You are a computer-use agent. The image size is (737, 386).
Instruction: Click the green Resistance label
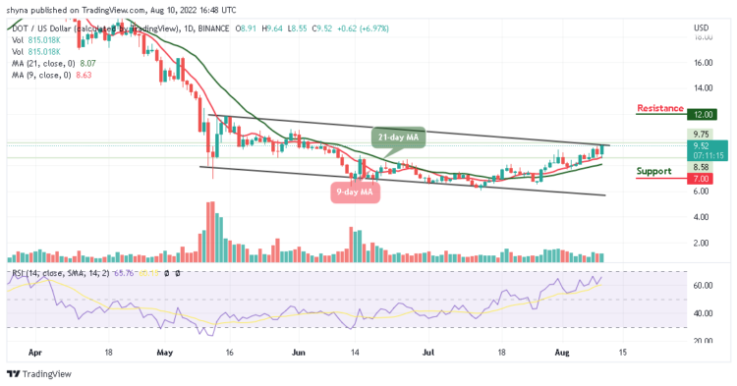660,107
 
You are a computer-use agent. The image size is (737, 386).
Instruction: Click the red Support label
654,171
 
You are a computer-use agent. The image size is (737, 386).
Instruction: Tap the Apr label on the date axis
36,349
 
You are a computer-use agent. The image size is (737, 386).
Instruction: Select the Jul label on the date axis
428,349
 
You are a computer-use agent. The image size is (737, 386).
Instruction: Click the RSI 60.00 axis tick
700,286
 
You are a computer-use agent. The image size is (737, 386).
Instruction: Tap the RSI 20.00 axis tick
700,341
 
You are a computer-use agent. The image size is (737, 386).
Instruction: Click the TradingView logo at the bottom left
41,374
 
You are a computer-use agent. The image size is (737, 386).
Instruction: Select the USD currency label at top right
701,27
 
